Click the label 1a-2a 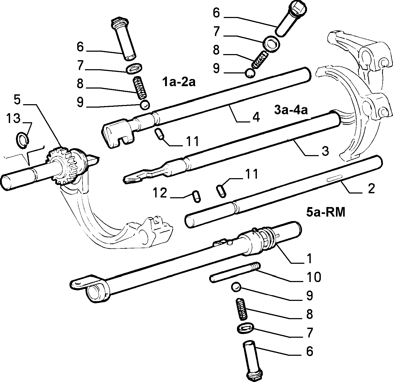pyautogui.click(x=179, y=82)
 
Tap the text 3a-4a pyautogui.click(x=291, y=110)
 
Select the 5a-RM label pyautogui.click(x=326, y=213)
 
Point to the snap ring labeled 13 pyautogui.click(x=22, y=140)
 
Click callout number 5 pyautogui.click(x=17, y=100)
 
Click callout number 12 pyautogui.click(x=160, y=193)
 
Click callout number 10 pyautogui.click(x=314, y=277)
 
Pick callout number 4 pyautogui.click(x=256, y=117)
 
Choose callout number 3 pyautogui.click(x=325, y=151)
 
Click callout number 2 pyautogui.click(x=371, y=189)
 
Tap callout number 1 pyautogui.click(x=309, y=258)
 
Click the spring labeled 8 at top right pyautogui.click(x=260, y=60)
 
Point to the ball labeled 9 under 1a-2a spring pyautogui.click(x=145, y=105)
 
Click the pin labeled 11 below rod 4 pyautogui.click(x=159, y=134)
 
